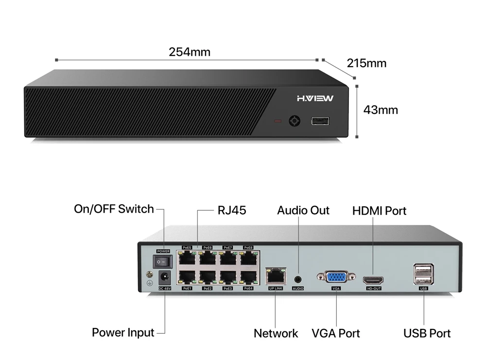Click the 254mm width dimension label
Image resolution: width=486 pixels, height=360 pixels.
coord(190,52)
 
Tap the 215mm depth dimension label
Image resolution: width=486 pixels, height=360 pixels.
coord(366,63)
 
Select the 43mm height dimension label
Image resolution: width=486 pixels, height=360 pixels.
coord(381,110)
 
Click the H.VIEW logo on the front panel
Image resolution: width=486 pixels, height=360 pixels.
coord(315,99)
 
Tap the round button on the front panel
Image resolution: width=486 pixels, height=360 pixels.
coord(295,121)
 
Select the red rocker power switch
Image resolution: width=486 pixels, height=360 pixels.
coord(162,262)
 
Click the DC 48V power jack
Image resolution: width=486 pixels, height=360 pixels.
coord(164,278)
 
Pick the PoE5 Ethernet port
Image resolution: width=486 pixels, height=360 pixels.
coord(187,258)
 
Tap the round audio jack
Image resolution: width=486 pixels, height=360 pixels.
coord(298,279)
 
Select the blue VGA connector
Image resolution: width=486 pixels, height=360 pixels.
coord(336,278)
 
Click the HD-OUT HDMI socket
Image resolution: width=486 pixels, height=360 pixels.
coord(373,280)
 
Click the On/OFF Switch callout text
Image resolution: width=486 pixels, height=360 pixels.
coord(114,209)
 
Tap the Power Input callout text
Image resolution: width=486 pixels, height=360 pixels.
coord(123,333)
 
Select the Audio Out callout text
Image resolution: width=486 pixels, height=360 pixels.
coord(303,211)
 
